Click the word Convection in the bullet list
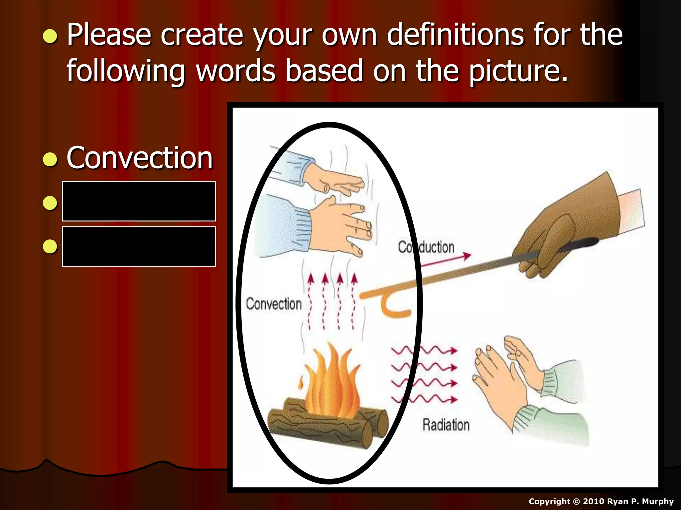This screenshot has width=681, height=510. click(140, 158)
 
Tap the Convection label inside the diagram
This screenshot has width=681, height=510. click(274, 304)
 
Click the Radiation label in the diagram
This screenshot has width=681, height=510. click(446, 425)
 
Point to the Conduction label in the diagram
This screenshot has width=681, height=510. click(426, 247)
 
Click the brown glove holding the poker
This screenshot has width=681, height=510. click(572, 226)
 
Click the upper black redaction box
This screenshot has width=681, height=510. click(139, 201)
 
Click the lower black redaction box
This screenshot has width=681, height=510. click(139, 246)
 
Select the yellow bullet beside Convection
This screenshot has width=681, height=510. click(50, 159)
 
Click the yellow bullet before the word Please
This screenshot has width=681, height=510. click(50, 36)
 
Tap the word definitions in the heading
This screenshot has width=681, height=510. click(456, 35)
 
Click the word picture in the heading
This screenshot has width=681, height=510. click(519, 71)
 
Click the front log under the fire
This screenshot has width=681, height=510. click(319, 428)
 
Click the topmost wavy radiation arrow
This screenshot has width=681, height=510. click(424, 350)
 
